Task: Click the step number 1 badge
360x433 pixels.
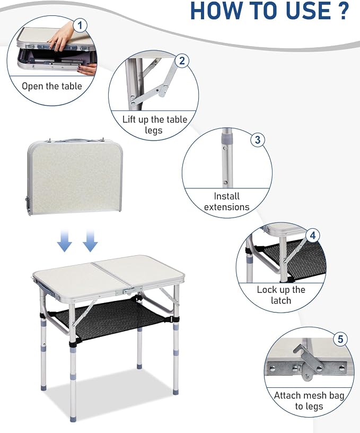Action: click(x=80, y=25)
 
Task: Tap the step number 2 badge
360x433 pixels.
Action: click(x=182, y=60)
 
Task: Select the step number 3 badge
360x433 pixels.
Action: click(x=258, y=140)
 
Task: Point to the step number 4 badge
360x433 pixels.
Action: click(x=313, y=235)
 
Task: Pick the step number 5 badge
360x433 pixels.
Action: click(x=340, y=339)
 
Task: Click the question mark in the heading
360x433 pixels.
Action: click(x=343, y=10)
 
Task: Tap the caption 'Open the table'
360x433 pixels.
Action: click(x=52, y=86)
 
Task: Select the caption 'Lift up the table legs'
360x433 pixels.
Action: click(x=155, y=125)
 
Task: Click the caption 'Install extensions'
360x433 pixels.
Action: click(x=226, y=202)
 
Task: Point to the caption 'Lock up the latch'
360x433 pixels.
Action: click(x=281, y=295)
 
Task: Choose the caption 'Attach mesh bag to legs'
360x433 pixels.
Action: click(x=309, y=401)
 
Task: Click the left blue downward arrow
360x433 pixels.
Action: click(x=65, y=240)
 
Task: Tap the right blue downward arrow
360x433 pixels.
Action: click(x=90, y=240)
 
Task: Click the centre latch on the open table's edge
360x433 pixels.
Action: click(x=132, y=290)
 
